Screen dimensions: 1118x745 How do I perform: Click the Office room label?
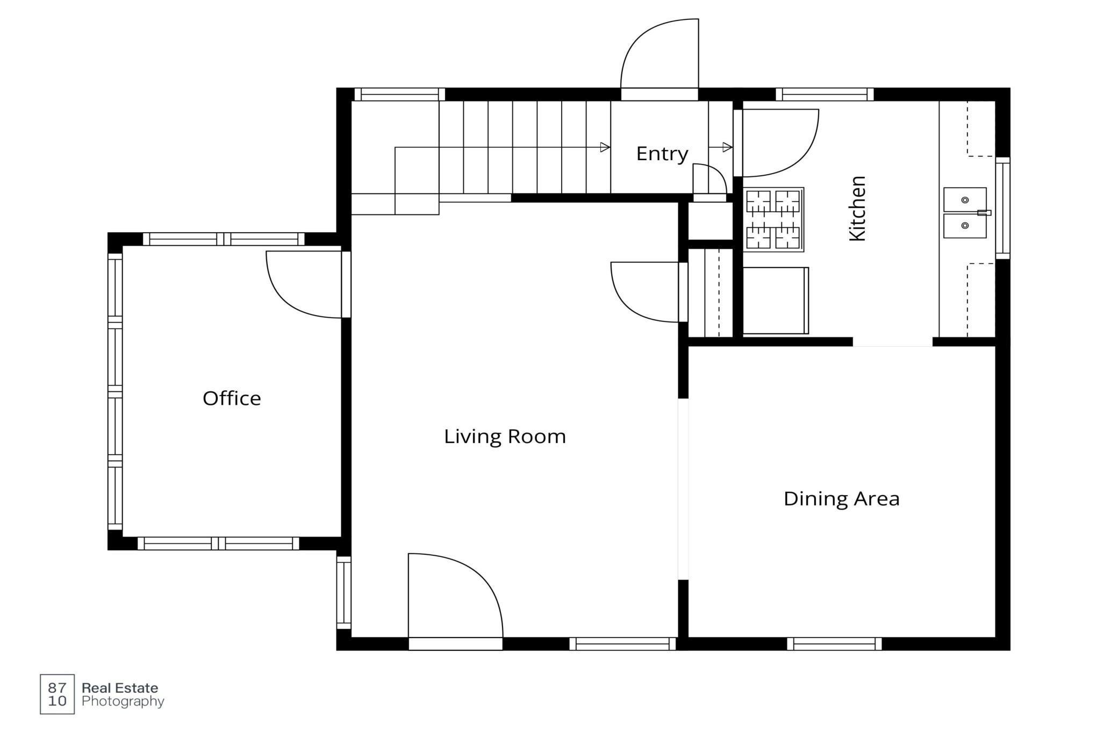(x=232, y=398)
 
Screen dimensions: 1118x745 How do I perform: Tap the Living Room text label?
(x=505, y=436)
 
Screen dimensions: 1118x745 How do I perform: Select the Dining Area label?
(x=841, y=499)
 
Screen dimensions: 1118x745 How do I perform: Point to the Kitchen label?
(x=857, y=209)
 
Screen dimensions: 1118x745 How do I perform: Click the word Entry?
(x=662, y=154)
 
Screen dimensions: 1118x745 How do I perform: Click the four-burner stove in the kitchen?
(x=773, y=219)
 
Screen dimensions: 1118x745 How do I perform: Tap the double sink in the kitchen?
(x=966, y=212)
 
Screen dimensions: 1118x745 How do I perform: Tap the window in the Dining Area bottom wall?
(x=834, y=643)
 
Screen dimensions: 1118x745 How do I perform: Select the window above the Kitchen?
(x=825, y=95)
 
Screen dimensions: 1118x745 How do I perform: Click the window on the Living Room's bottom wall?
(x=622, y=643)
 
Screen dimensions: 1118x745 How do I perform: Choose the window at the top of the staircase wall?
(x=400, y=95)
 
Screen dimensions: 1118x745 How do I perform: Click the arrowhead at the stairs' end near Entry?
(x=605, y=147)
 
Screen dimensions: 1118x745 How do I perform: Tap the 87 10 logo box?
(x=57, y=694)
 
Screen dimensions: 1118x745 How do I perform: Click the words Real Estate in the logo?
(x=120, y=688)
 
